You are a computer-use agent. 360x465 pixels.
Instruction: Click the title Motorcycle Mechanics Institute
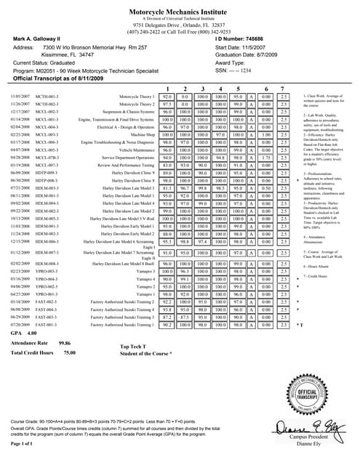(180, 12)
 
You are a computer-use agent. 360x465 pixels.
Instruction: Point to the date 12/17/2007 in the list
(19, 112)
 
